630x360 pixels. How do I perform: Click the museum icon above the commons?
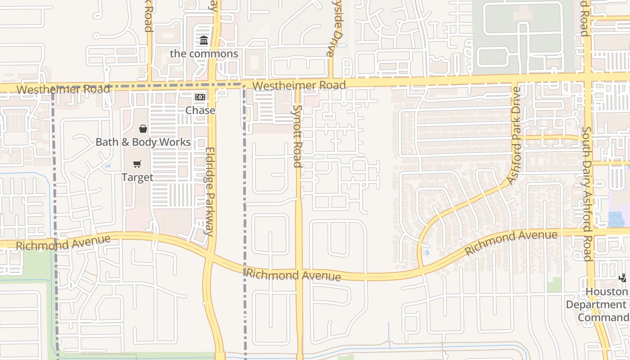click(x=204, y=41)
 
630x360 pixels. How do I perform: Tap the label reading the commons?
click(x=204, y=54)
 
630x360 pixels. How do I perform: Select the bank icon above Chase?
click(x=200, y=97)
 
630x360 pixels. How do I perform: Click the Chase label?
click(x=200, y=110)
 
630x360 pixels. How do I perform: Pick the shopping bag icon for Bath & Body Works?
click(x=143, y=129)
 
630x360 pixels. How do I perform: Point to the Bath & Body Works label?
click(x=143, y=142)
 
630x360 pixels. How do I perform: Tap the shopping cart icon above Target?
click(x=137, y=164)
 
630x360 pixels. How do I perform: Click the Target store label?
click(x=137, y=177)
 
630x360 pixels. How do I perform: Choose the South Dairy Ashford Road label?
click(x=587, y=193)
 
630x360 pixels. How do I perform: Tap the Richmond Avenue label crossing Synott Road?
click(x=293, y=274)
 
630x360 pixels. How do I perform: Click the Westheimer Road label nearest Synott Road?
click(x=299, y=85)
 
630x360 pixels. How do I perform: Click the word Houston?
click(x=607, y=292)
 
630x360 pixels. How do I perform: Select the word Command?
click(x=603, y=318)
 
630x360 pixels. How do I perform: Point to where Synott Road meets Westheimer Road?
click(x=297, y=85)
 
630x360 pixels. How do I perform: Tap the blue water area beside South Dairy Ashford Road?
click(x=616, y=219)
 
